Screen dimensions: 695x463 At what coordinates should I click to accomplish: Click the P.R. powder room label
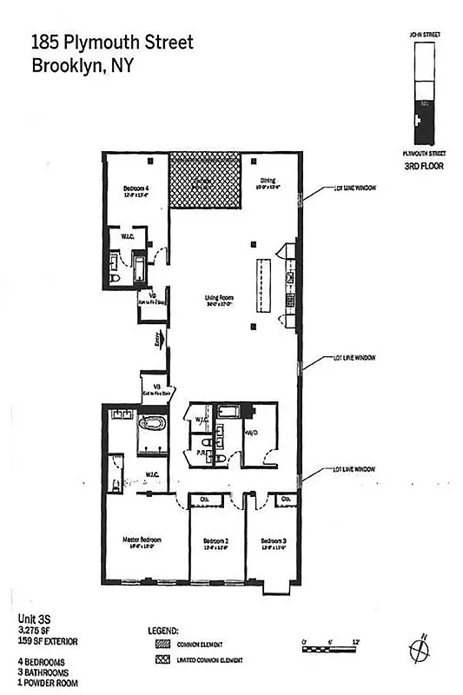pyautogui.click(x=202, y=453)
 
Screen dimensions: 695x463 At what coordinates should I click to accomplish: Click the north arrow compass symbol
pyautogui.click(x=419, y=648)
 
